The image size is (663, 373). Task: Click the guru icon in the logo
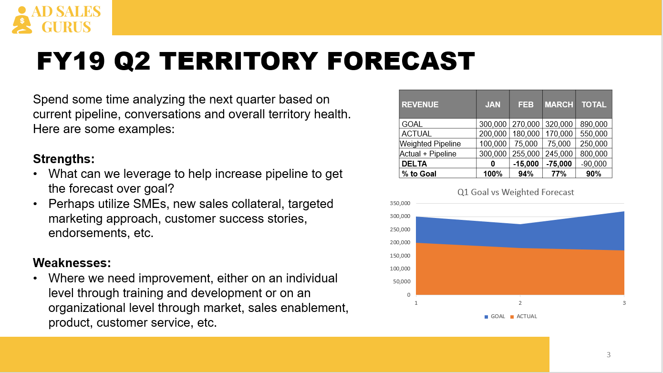21,20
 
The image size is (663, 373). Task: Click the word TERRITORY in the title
238,61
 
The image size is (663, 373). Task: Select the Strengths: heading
63,159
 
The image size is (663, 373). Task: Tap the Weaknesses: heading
72,263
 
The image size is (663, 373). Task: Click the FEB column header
526,104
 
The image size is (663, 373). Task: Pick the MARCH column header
559,104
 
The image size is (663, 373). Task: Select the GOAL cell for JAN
493,124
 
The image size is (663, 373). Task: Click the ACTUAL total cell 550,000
593,134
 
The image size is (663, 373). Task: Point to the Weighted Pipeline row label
430,144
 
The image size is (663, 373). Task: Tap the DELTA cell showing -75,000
559,164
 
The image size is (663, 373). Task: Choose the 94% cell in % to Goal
526,174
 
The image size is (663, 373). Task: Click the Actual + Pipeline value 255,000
526,154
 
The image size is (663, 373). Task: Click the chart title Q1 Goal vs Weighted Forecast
516,192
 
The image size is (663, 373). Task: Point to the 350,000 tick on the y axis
400,203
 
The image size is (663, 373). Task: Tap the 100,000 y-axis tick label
400,269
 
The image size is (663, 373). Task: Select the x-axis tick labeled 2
520,303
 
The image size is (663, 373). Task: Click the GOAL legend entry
495,316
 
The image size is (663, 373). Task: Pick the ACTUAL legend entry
524,316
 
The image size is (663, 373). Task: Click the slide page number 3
609,355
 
